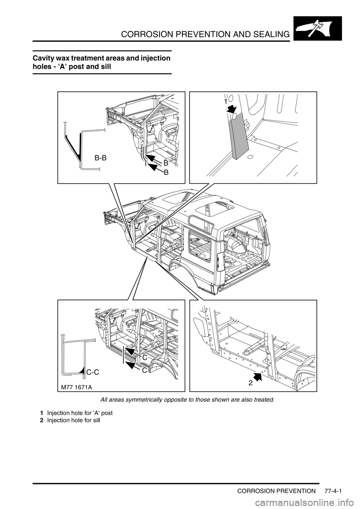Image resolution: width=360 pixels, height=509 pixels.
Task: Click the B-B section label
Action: (100, 157)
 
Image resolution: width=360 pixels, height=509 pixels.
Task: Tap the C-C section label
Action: (93, 372)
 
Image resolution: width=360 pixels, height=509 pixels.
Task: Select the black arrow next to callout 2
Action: (258, 376)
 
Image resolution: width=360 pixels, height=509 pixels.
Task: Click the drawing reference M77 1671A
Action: (76, 386)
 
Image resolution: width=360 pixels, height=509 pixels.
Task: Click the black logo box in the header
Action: (318, 28)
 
